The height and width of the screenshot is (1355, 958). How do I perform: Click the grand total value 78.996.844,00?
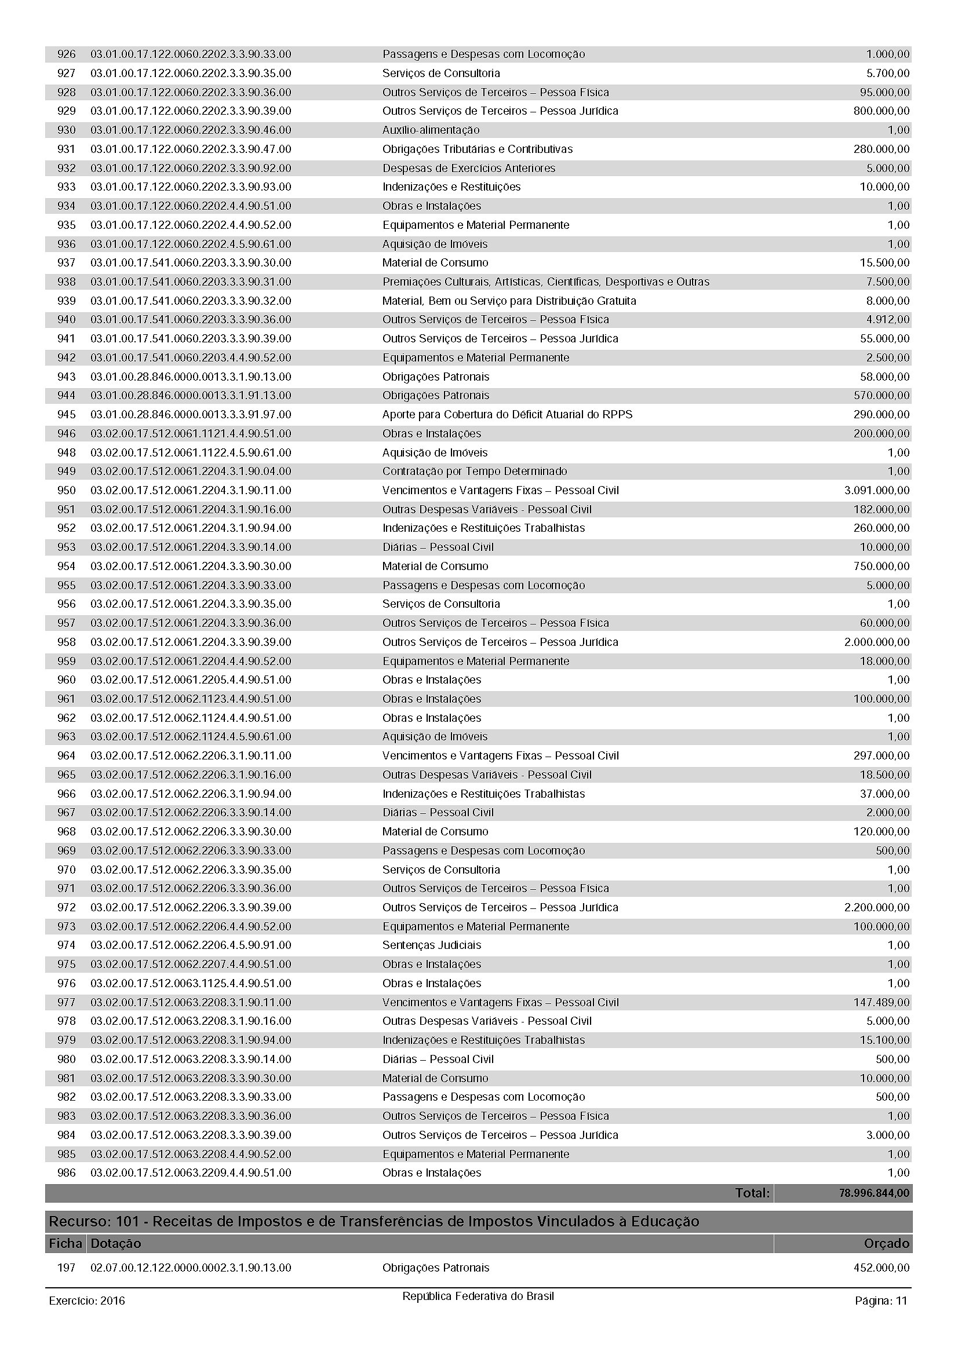pyautogui.click(x=874, y=1193)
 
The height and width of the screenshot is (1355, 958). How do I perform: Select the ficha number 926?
pyautogui.click(x=66, y=54)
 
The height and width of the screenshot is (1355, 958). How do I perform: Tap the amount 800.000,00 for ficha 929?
pyautogui.click(x=881, y=111)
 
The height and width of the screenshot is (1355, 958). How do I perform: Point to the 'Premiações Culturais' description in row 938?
pyautogui.click(x=545, y=282)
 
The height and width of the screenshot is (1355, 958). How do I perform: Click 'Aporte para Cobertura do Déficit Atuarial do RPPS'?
pyautogui.click(x=507, y=414)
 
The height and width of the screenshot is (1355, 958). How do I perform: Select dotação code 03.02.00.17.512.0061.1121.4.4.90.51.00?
pyautogui.click(x=191, y=433)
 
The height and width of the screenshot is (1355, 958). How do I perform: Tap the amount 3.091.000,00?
pyautogui.click(x=876, y=490)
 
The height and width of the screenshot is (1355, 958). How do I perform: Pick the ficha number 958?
pyautogui.click(x=66, y=641)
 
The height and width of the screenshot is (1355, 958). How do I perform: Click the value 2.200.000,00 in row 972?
pyautogui.click(x=876, y=907)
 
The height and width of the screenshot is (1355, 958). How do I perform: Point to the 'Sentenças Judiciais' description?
pyautogui.click(x=432, y=945)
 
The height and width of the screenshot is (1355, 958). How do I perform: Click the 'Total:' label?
pyautogui.click(x=752, y=1193)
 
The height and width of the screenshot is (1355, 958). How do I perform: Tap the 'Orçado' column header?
pyautogui.click(x=887, y=1243)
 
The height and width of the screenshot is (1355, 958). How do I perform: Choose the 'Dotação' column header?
pyautogui.click(x=116, y=1243)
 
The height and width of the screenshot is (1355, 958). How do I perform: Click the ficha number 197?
pyautogui.click(x=66, y=1268)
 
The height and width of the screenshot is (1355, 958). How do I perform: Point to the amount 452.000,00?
pyautogui.click(x=881, y=1268)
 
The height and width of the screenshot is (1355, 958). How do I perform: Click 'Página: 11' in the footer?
pyautogui.click(x=880, y=1301)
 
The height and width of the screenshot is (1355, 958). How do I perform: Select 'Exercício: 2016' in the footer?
pyautogui.click(x=87, y=1301)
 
